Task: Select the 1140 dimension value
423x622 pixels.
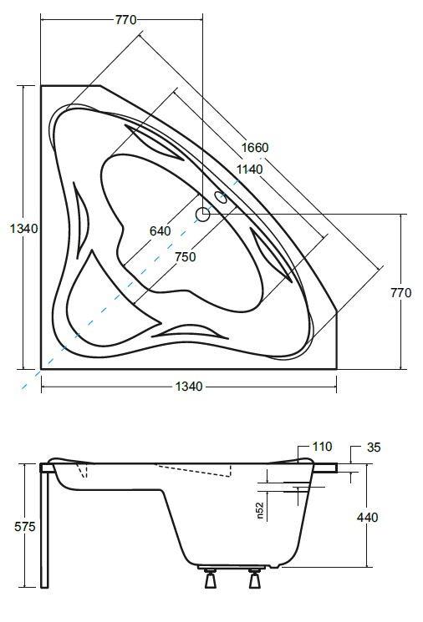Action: [249, 169]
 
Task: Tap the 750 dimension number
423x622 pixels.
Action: [185, 257]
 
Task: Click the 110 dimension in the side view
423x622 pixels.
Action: [322, 447]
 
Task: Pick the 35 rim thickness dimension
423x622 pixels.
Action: [373, 448]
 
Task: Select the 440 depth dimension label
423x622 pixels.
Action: [367, 518]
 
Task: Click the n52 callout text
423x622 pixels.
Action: [261, 511]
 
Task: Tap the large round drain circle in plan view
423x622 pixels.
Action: [203, 215]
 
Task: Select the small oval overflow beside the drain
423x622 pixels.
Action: [222, 198]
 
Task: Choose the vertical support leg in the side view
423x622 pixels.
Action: [46, 526]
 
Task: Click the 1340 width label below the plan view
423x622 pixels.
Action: [189, 386]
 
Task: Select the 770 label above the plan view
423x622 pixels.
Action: [125, 20]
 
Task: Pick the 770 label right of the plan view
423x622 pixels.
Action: [402, 293]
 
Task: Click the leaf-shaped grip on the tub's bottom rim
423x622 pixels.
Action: [191, 331]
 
